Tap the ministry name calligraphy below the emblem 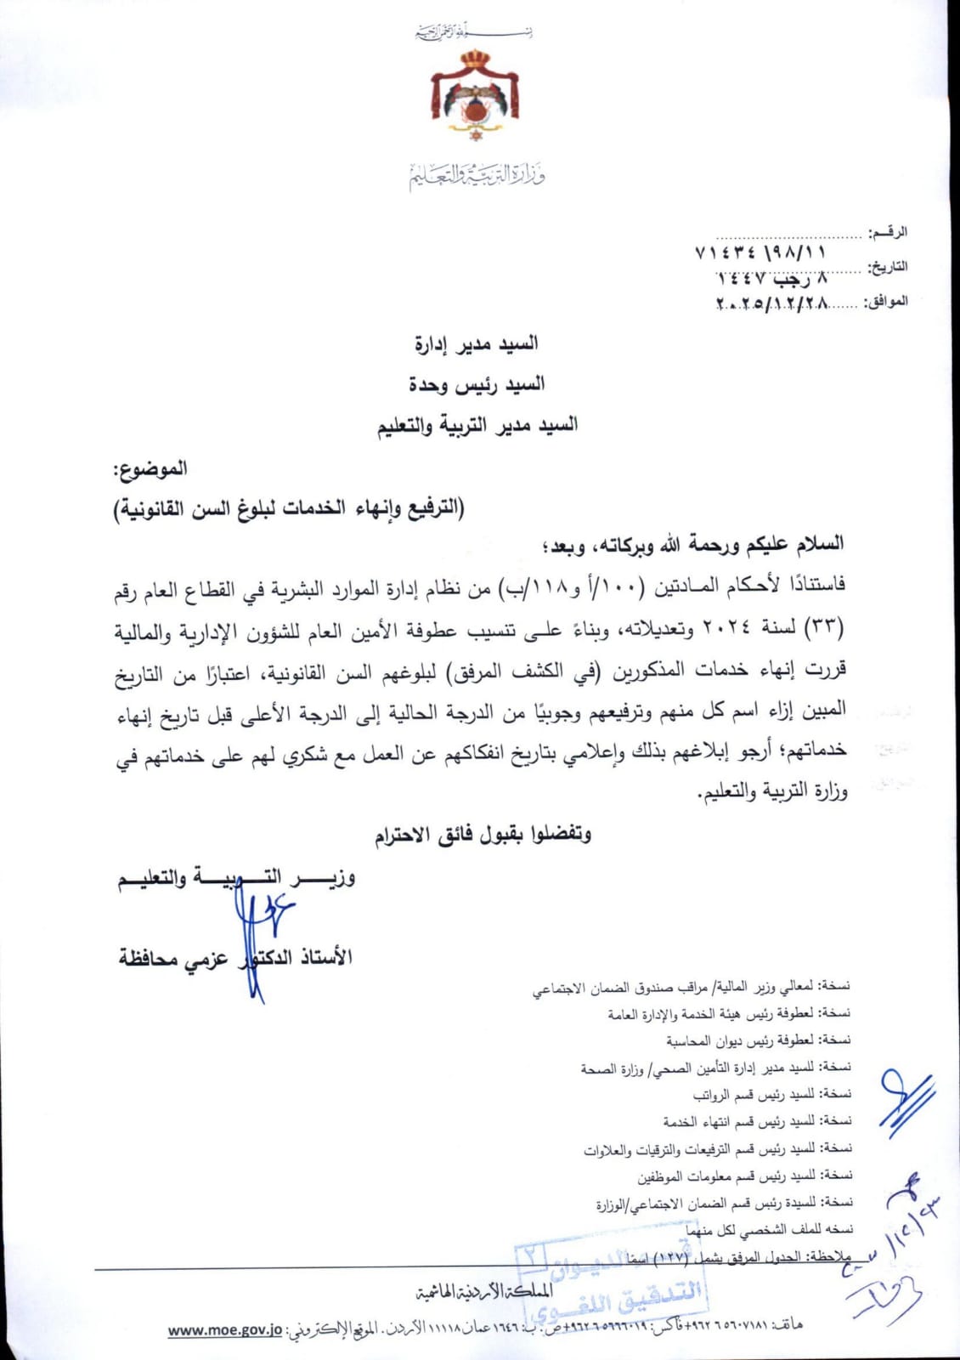[477, 175]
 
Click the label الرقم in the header [889, 231]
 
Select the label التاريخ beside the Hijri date [887, 267]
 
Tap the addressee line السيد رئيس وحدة [477, 385]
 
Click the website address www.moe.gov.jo [224, 1331]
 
